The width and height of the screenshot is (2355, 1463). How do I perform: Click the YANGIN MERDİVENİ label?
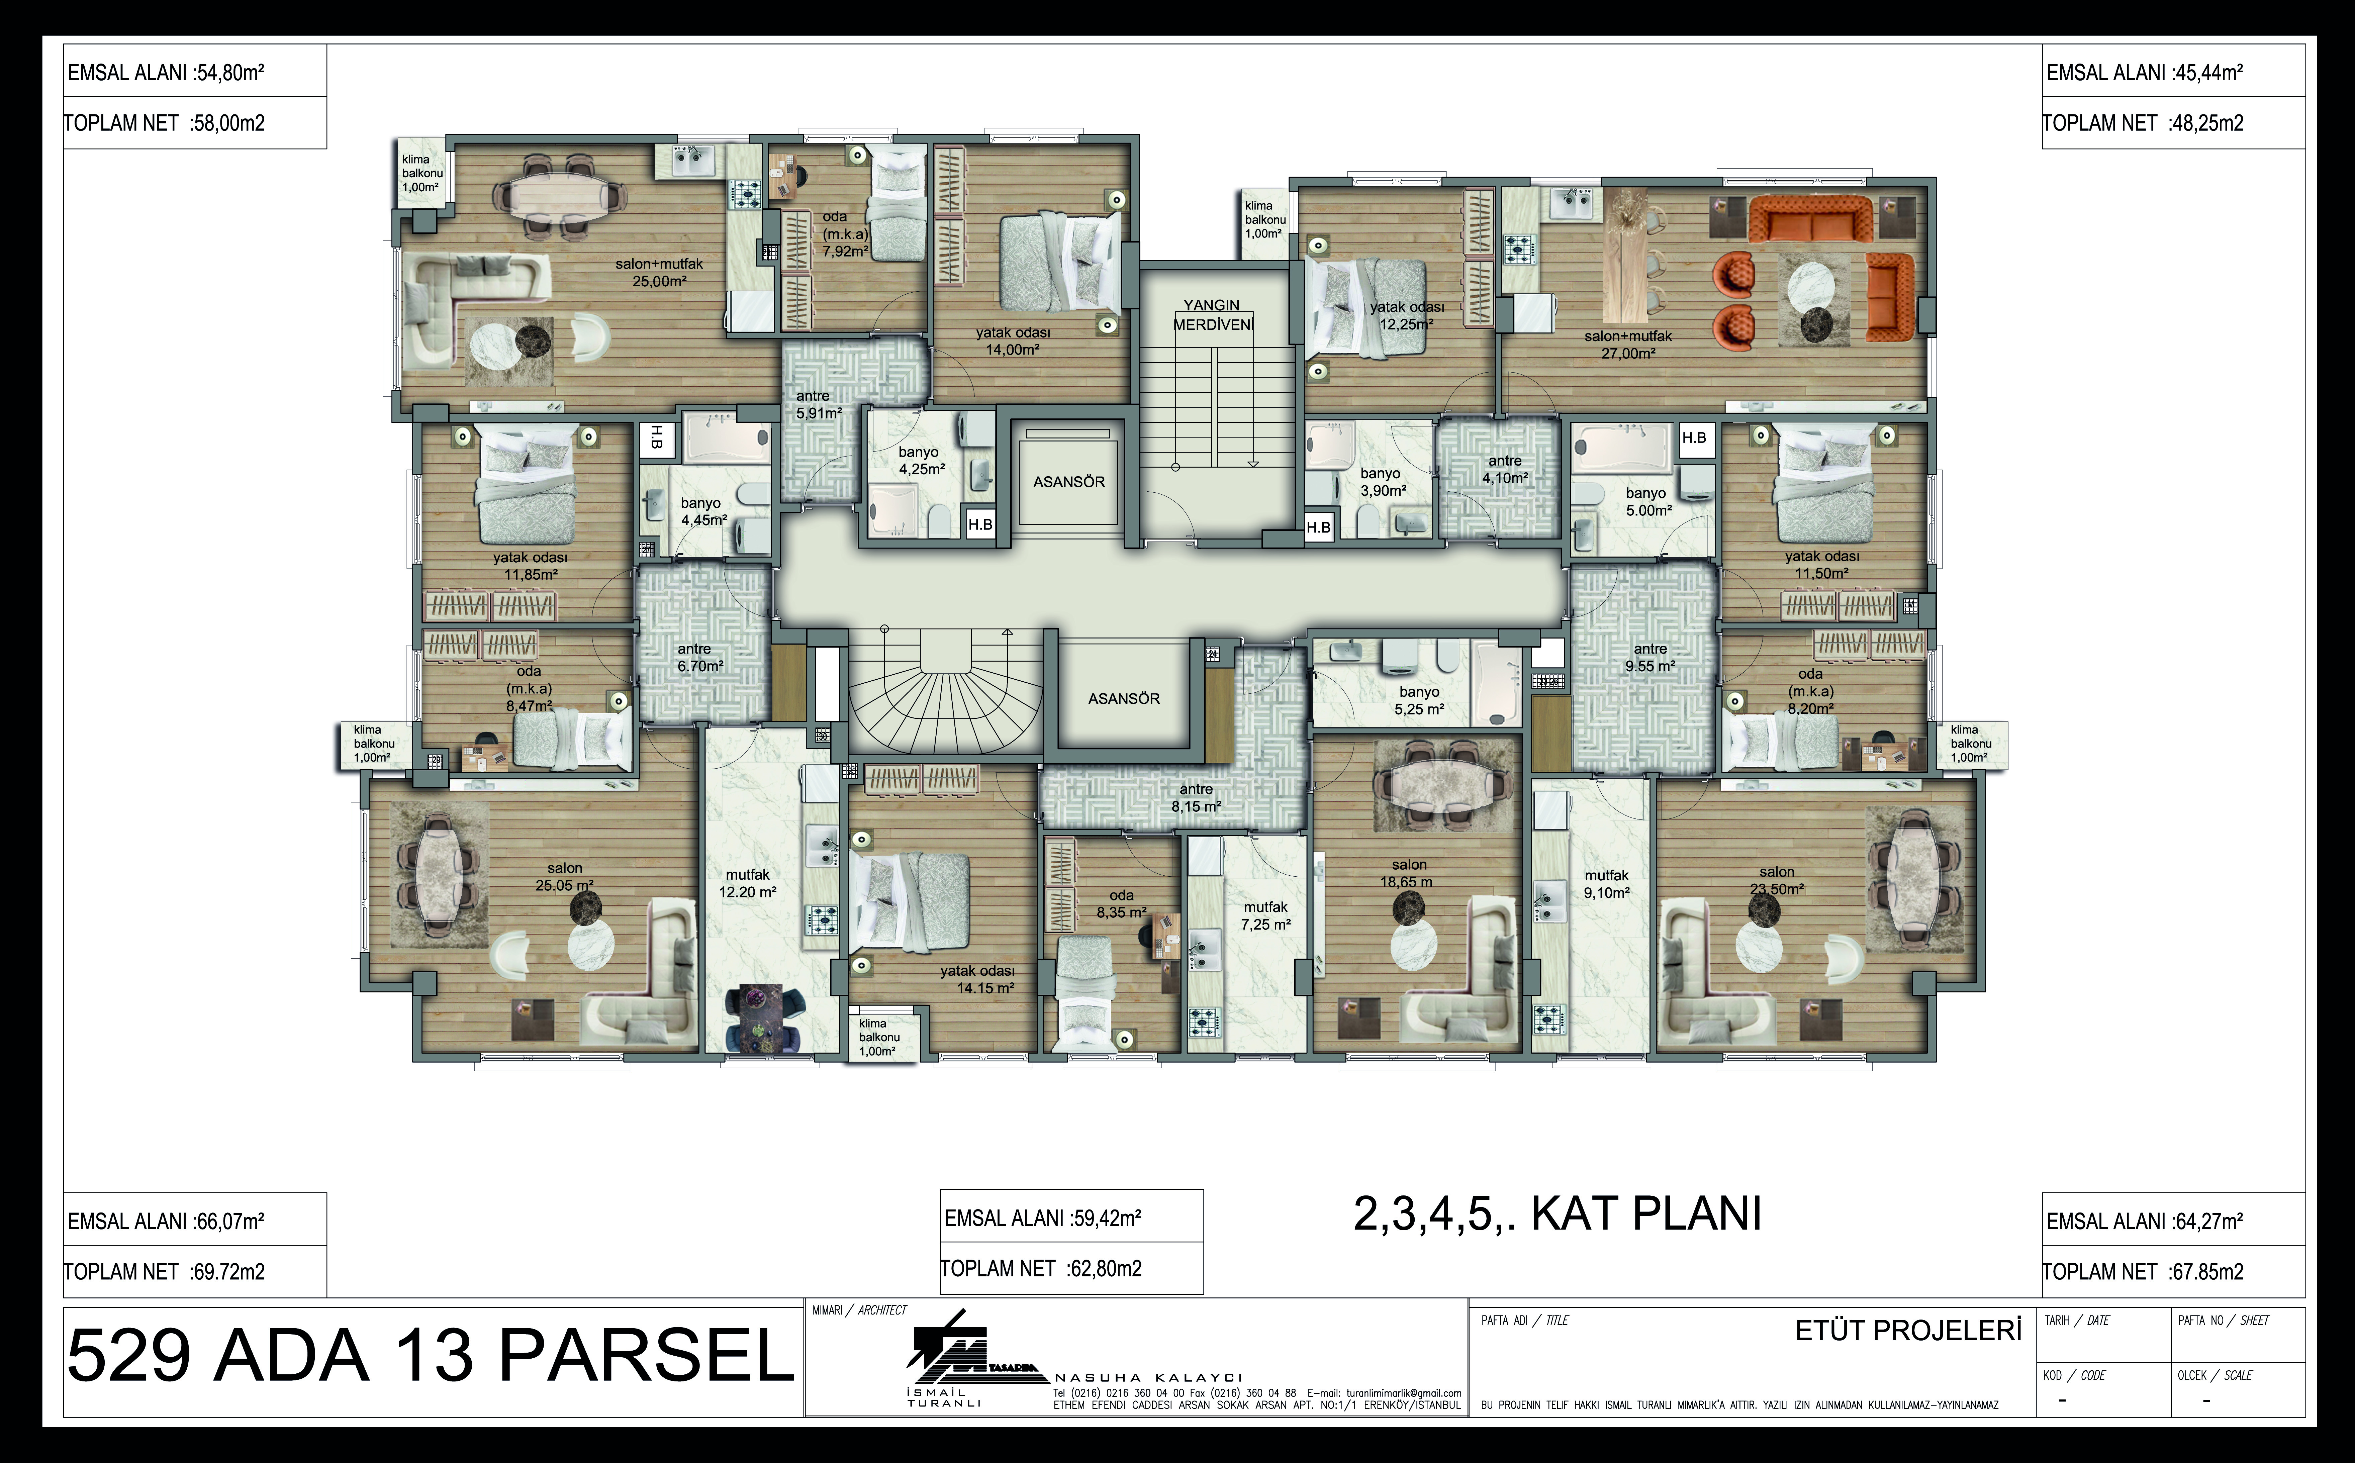tap(1212, 314)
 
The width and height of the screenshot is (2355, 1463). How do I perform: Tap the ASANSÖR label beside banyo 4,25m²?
tap(1068, 482)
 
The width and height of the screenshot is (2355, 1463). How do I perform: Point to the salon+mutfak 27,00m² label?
tap(1627, 345)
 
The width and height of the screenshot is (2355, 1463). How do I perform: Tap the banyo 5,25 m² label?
tap(1419, 700)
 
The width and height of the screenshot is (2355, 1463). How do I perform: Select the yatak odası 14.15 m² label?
tap(977, 979)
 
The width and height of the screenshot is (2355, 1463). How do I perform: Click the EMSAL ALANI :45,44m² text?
tap(2144, 73)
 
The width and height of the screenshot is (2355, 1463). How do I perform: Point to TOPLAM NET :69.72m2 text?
tap(165, 1271)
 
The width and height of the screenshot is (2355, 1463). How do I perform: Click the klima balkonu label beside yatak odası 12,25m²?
tap(1264, 220)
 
